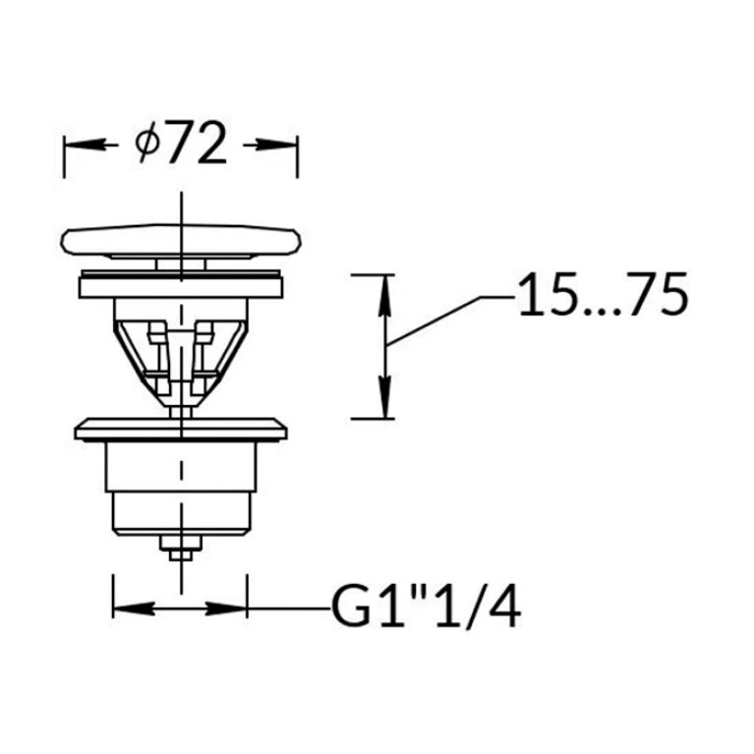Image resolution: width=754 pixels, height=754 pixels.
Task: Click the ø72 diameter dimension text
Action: (x=180, y=144)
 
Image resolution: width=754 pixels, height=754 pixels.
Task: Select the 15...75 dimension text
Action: (x=604, y=294)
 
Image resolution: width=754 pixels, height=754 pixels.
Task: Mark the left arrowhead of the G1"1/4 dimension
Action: (x=134, y=609)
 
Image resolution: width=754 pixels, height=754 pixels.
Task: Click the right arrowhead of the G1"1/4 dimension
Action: (x=226, y=609)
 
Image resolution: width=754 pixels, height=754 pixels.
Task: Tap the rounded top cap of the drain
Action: (x=181, y=239)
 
